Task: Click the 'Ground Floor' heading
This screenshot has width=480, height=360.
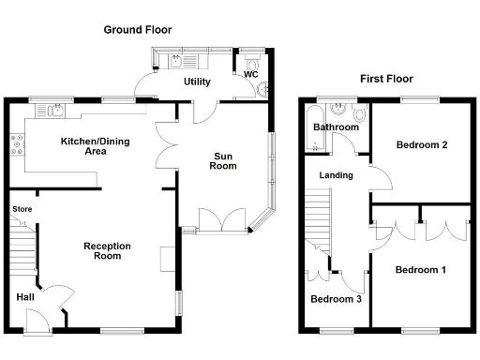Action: [x=138, y=30]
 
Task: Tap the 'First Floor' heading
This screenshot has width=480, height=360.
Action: [x=386, y=79]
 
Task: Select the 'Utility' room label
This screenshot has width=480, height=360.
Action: [x=197, y=82]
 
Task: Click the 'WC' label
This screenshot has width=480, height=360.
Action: [x=250, y=74]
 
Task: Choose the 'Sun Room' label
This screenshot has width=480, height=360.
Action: [x=222, y=160]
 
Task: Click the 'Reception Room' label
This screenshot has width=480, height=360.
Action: [x=107, y=250]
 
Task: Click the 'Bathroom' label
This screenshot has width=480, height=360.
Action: [x=336, y=127]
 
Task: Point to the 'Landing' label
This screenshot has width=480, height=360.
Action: [x=336, y=175]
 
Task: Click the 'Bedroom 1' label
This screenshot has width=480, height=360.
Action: [x=419, y=270]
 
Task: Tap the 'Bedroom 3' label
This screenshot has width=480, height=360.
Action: [x=336, y=299]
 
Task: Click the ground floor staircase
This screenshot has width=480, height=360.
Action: [x=24, y=246]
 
